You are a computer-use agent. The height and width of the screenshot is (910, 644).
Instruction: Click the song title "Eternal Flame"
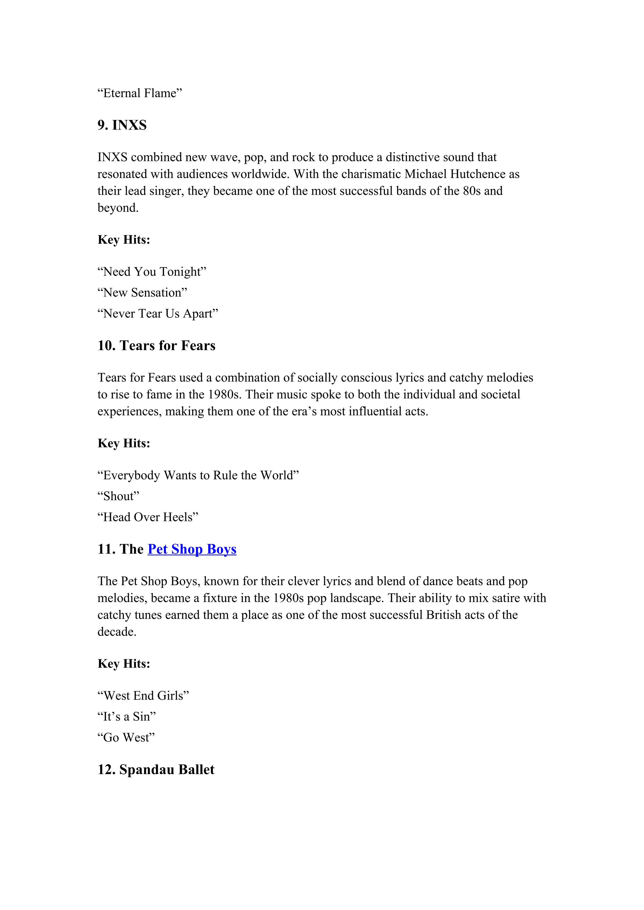[140, 93]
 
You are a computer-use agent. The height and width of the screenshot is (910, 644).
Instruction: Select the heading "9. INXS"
[122, 125]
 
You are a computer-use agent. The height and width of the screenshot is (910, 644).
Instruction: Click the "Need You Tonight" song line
[152, 272]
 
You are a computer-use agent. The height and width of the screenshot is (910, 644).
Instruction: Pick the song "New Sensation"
[142, 293]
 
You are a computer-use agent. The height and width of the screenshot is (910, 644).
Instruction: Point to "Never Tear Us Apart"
[158, 314]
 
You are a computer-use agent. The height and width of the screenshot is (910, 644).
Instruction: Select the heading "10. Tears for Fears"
[156, 346]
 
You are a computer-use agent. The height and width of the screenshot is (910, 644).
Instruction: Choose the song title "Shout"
[119, 496]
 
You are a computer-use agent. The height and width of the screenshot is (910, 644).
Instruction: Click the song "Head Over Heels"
[148, 517]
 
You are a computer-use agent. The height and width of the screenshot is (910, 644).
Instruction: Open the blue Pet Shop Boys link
[192, 549]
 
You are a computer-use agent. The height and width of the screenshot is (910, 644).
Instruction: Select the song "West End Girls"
[143, 696]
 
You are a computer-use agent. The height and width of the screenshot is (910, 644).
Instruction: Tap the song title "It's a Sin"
[126, 716]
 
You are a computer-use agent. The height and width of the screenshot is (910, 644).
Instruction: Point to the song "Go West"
[126, 737]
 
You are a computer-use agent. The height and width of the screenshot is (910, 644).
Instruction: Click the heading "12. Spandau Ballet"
[156, 770]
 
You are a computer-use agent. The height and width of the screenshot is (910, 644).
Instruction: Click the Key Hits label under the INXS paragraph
[124, 240]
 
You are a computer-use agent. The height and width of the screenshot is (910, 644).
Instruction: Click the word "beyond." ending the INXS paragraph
[118, 208]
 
